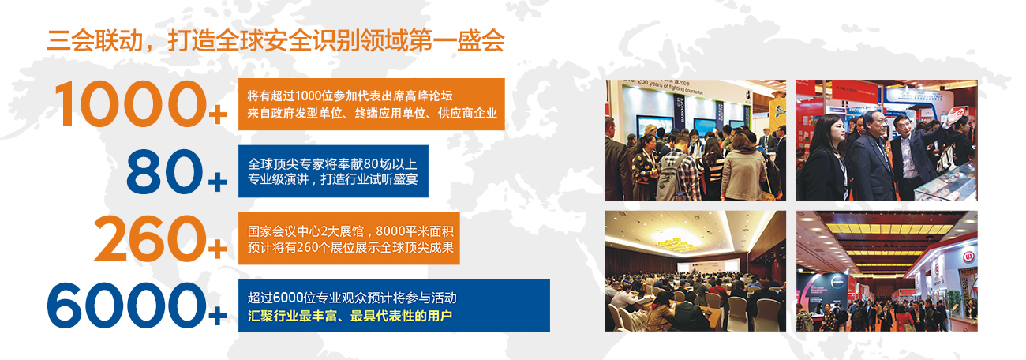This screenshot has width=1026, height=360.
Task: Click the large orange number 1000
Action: point(130,104)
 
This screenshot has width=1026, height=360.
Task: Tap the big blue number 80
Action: point(164,171)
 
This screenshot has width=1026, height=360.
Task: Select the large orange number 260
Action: point(150,238)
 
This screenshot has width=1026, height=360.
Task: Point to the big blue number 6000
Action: point(127,306)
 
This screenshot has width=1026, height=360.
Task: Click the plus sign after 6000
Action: point(218,315)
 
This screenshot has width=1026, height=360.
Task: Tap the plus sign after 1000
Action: point(218,114)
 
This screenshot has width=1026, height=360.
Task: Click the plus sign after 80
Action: point(218,182)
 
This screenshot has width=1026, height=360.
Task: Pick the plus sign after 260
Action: point(218,249)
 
